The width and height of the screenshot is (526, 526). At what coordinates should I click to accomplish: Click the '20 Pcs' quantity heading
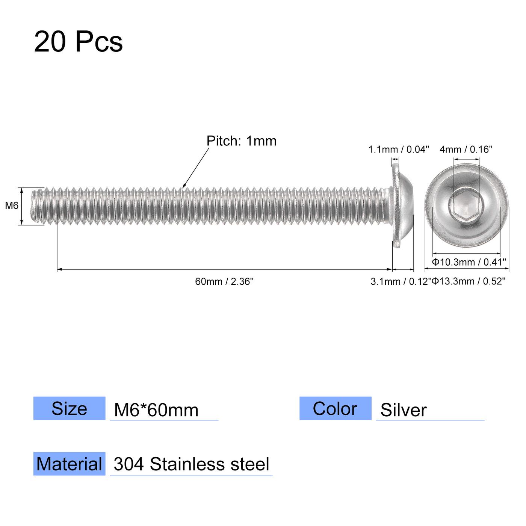pyautogui.click(x=78, y=42)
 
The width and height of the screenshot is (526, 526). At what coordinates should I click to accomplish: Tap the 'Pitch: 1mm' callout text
pyautogui.click(x=241, y=141)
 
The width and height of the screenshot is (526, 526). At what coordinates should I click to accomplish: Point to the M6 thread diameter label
pyautogui.click(x=12, y=206)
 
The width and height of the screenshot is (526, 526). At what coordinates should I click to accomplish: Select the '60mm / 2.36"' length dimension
pyautogui.click(x=224, y=281)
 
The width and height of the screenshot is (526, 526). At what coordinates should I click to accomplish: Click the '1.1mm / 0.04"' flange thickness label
pyautogui.click(x=398, y=150)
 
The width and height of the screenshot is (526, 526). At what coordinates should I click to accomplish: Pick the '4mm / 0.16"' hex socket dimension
pyautogui.click(x=466, y=150)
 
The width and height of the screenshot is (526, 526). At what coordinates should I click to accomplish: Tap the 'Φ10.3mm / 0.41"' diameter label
pyautogui.click(x=469, y=262)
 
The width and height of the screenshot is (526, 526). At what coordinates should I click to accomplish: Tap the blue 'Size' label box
pyautogui.click(x=69, y=408)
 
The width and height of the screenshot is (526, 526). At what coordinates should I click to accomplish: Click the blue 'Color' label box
pyautogui.click(x=335, y=408)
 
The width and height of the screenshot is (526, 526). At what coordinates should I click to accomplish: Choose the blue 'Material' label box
pyautogui.click(x=69, y=464)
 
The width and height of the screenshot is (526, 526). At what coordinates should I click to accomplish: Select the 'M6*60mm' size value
pyautogui.click(x=156, y=410)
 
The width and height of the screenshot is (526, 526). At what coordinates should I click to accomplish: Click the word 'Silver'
pyautogui.click(x=404, y=410)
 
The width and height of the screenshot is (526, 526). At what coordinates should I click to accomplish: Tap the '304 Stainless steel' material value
pyautogui.click(x=191, y=464)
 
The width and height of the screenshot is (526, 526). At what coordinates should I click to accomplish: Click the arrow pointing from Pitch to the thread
pyautogui.click(x=196, y=168)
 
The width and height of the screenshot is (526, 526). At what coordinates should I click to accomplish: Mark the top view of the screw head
pyautogui.click(x=466, y=206)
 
